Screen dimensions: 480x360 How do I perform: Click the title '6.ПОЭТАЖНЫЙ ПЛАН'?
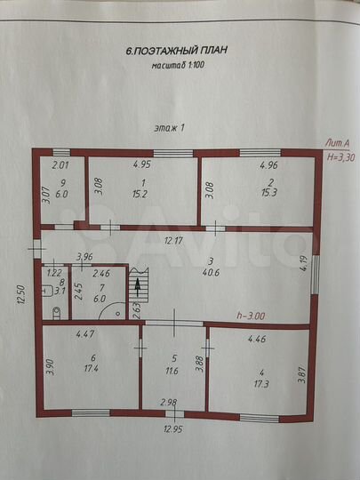pos(177,51)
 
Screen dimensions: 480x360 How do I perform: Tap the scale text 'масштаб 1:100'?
pos(179,65)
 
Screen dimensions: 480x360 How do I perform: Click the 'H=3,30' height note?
pos(339,156)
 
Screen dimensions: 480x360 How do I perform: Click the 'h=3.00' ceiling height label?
pos(252,316)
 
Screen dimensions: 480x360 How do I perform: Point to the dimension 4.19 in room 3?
pos(303,264)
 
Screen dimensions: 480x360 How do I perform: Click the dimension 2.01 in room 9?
pos(60,165)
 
